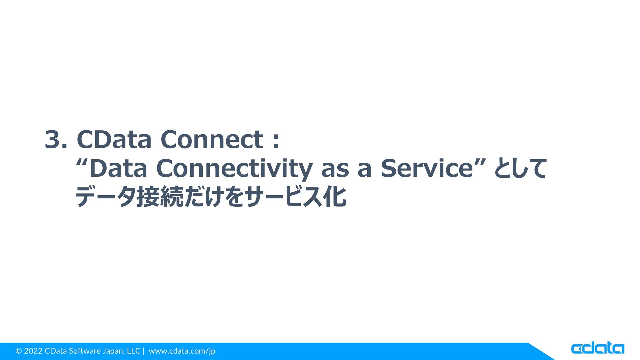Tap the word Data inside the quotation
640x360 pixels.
click(118, 168)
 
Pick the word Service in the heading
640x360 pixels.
click(427, 168)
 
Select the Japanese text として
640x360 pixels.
click(520, 168)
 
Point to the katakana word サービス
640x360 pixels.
click(283, 197)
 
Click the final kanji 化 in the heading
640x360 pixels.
click(334, 197)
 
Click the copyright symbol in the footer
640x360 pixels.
click(19, 351)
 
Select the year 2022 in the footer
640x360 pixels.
click(33, 351)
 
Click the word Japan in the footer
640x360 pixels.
click(113, 351)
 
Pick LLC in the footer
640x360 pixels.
click(133, 351)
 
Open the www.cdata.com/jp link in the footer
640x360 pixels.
click(182, 351)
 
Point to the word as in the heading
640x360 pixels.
click(335, 170)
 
